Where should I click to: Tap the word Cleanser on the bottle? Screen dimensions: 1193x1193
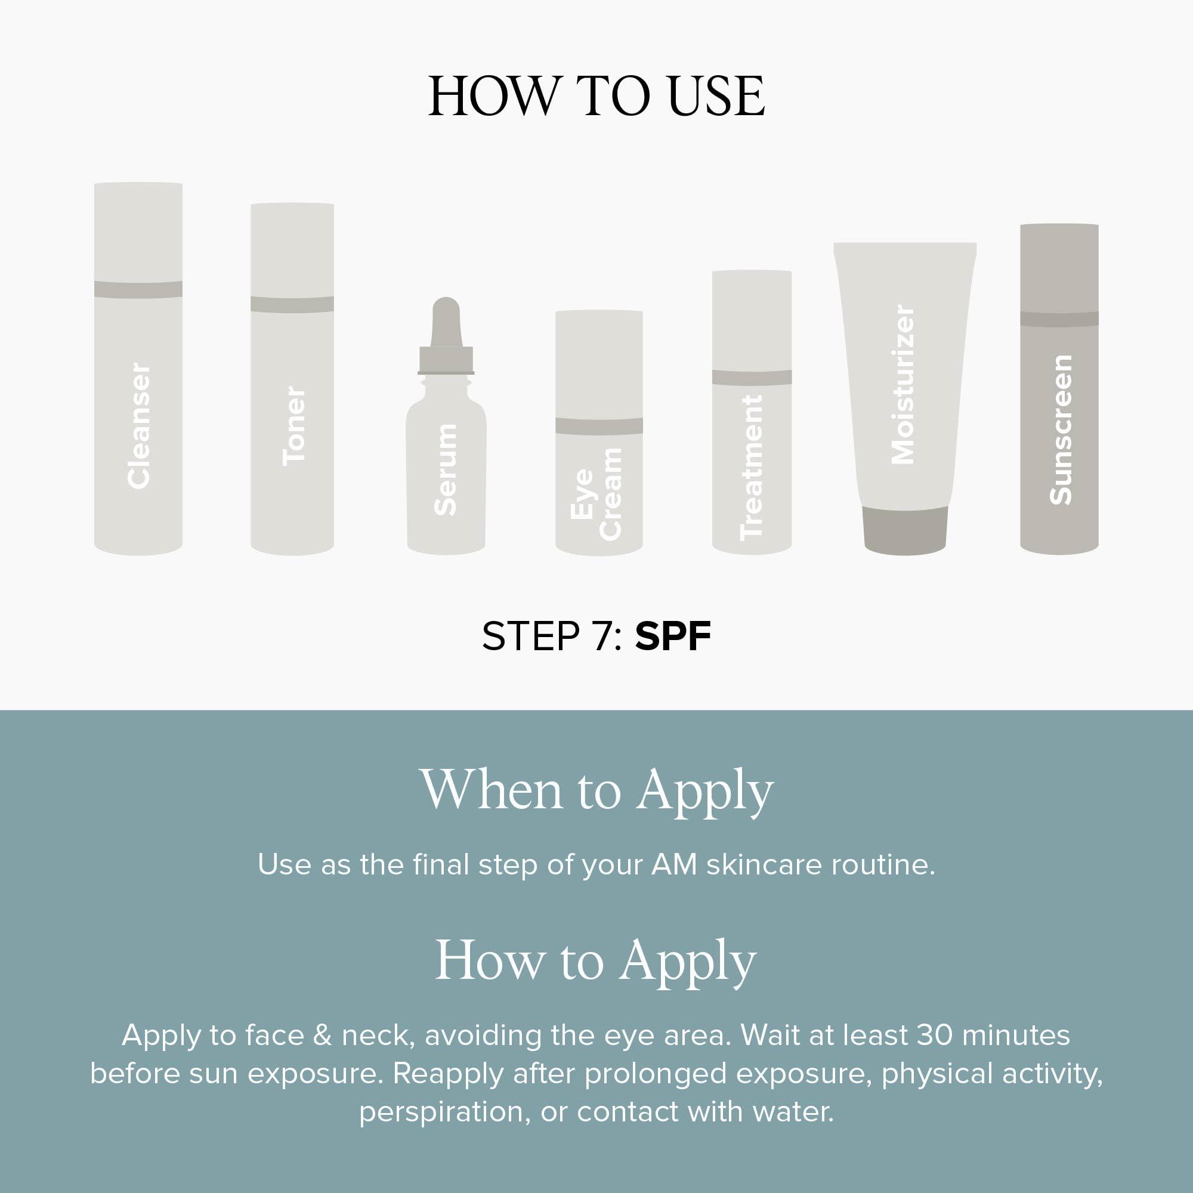tap(138, 426)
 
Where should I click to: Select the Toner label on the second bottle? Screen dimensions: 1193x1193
tap(293, 426)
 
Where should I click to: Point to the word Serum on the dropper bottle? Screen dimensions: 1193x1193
tap(445, 470)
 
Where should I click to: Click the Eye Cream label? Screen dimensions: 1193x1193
tap(596, 494)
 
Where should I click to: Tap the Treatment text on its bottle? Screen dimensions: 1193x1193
tap(752, 468)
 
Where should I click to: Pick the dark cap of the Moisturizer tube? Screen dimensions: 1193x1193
tap(905, 529)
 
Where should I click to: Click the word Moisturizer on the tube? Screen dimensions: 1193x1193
tap(903, 384)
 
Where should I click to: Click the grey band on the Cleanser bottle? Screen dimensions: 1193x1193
tap(138, 289)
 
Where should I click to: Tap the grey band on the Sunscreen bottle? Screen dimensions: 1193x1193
tap(1059, 319)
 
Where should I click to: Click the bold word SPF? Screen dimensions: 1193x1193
tap(672, 636)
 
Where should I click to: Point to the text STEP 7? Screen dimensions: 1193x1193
tap(551, 636)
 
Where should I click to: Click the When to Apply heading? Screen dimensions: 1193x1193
tap(596, 790)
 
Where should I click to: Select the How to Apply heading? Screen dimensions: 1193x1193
tap(596, 962)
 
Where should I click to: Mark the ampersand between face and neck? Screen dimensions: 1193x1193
tap(322, 1036)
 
